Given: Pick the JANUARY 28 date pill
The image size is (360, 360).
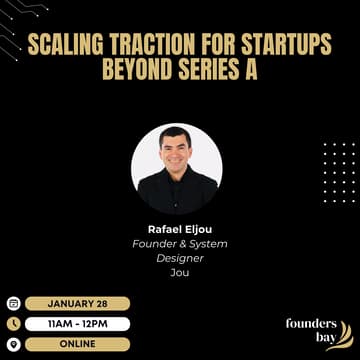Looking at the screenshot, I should coord(77,303).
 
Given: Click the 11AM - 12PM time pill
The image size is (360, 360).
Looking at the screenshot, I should coord(77,323).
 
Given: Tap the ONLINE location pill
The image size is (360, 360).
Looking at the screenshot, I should coord(77,343).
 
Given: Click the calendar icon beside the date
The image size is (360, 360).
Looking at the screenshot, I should coord(13,303).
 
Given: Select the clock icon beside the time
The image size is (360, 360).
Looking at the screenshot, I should coord(13,323).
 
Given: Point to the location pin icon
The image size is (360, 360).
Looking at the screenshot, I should coord(13,343).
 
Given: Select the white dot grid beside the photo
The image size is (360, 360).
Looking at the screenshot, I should coord(338,170).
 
